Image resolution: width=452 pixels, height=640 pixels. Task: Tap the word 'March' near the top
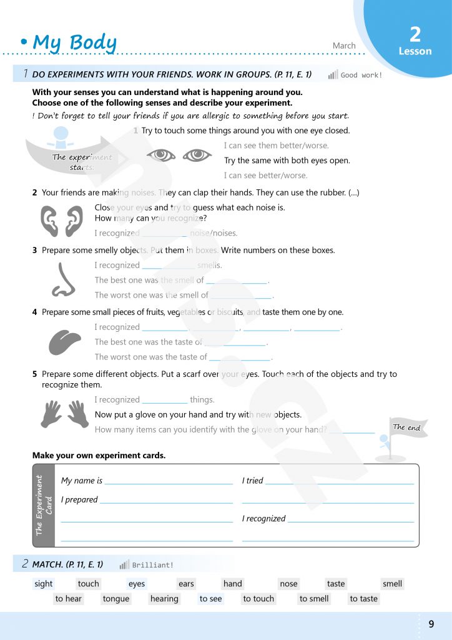[344, 46]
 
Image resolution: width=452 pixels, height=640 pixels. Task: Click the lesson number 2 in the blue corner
[415, 34]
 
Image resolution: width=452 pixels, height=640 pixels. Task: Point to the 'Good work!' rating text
[361, 75]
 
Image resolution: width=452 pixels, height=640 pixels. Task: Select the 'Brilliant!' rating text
[153, 565]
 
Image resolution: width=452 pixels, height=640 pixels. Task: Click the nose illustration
[63, 279]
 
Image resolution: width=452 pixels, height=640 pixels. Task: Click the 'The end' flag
[407, 427]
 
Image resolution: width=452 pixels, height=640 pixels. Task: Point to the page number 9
[431, 624]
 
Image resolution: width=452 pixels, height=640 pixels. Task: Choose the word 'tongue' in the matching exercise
[116, 599]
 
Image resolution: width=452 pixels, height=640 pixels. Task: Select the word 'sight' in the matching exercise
[44, 584]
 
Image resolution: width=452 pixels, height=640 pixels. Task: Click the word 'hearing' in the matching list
[164, 599]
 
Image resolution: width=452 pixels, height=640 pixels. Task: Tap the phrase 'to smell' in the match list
[314, 599]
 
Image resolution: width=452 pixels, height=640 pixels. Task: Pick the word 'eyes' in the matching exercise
[137, 584]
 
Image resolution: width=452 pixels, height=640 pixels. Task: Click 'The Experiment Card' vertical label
[44, 505]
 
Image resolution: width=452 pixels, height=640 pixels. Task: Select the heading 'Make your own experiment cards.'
[99, 456]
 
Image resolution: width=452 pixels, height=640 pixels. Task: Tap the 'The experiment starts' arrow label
[82, 162]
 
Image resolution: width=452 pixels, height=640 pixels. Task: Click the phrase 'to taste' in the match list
[364, 599]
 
